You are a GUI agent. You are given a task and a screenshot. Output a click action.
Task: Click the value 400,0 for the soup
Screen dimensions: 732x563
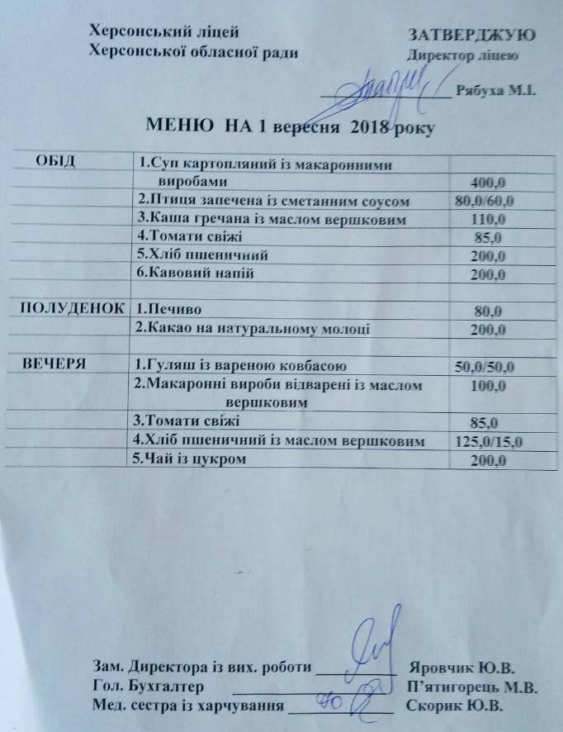pyautogui.click(x=486, y=181)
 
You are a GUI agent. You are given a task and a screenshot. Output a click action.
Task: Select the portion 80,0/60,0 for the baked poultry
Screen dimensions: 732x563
pyautogui.click(x=485, y=201)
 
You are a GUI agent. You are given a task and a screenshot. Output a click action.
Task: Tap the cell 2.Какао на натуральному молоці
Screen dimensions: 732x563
pyautogui.click(x=251, y=329)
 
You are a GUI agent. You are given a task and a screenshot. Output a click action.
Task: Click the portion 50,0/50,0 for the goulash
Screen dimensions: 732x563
pyautogui.click(x=485, y=366)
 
